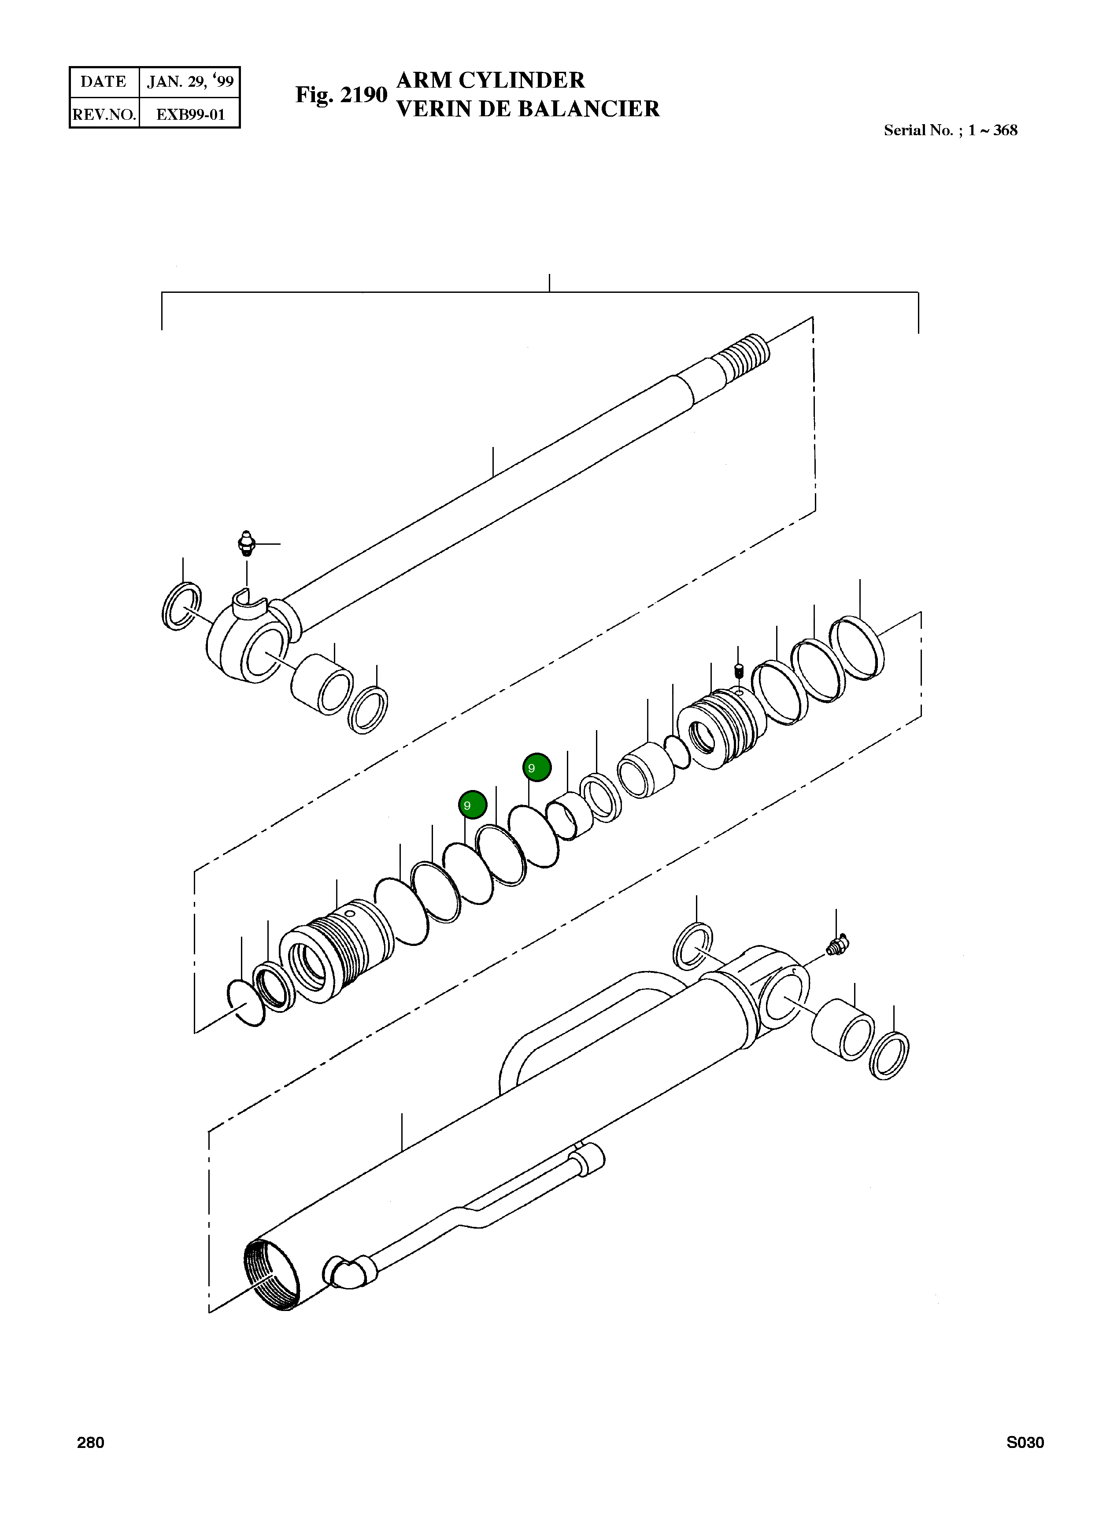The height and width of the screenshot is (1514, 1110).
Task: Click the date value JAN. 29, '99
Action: pyautogui.click(x=190, y=82)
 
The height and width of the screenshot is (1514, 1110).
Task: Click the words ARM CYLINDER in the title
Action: pyautogui.click(x=491, y=80)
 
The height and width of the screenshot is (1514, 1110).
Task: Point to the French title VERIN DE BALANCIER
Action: pyautogui.click(x=528, y=109)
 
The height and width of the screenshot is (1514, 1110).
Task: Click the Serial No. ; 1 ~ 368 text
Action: pyautogui.click(x=950, y=130)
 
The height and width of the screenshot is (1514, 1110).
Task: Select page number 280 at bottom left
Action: pyautogui.click(x=91, y=1443)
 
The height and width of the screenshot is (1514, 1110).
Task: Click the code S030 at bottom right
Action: pyautogui.click(x=1025, y=1443)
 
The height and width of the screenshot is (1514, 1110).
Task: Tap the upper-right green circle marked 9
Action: pyautogui.click(x=537, y=767)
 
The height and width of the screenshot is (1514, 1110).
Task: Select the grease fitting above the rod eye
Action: pyautogui.click(x=247, y=543)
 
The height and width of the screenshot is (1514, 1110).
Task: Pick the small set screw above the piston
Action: pyautogui.click(x=738, y=670)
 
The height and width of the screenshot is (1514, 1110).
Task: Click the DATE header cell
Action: pyautogui.click(x=104, y=82)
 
